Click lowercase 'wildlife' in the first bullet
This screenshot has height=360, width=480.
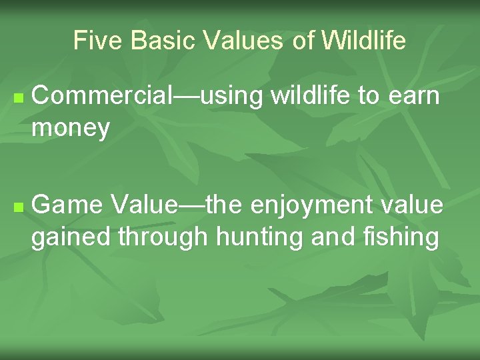(x=312, y=96)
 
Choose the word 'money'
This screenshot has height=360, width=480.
(x=71, y=129)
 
